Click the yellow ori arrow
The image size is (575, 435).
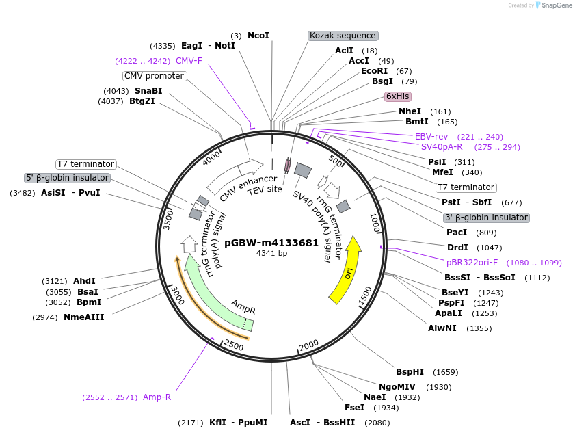click(347, 270)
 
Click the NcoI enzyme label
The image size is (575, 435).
click(258, 35)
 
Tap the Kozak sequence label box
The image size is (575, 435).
click(343, 35)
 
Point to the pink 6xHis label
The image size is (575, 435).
click(397, 96)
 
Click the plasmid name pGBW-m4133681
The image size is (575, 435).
click(271, 242)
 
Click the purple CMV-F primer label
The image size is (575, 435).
click(189, 60)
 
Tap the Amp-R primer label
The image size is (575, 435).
click(157, 397)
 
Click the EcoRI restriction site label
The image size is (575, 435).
click(374, 71)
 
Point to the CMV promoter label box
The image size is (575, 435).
click(154, 76)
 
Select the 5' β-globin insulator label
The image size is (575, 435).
click(67, 178)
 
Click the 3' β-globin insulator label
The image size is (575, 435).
click(486, 217)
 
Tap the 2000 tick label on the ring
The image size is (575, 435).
click(309, 343)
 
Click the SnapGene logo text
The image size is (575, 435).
click(555, 5)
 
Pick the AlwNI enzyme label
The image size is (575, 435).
click(442, 328)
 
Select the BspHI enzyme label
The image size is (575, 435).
click(410, 372)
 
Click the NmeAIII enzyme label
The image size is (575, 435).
click(83, 317)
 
